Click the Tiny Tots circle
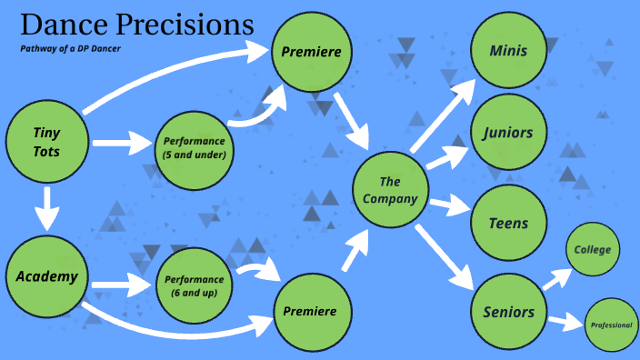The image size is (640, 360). (x=46, y=141)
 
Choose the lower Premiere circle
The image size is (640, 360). (x=312, y=312)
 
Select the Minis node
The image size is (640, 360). (x=508, y=50)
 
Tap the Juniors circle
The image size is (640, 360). (x=508, y=135)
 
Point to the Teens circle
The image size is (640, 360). (x=508, y=223)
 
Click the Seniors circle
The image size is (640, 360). (x=508, y=312)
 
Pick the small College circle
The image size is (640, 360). (x=593, y=250)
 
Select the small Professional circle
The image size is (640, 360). (x=612, y=325)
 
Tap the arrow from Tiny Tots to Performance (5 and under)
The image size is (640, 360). (x=123, y=142)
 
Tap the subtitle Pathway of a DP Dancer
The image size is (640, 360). (x=71, y=47)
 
